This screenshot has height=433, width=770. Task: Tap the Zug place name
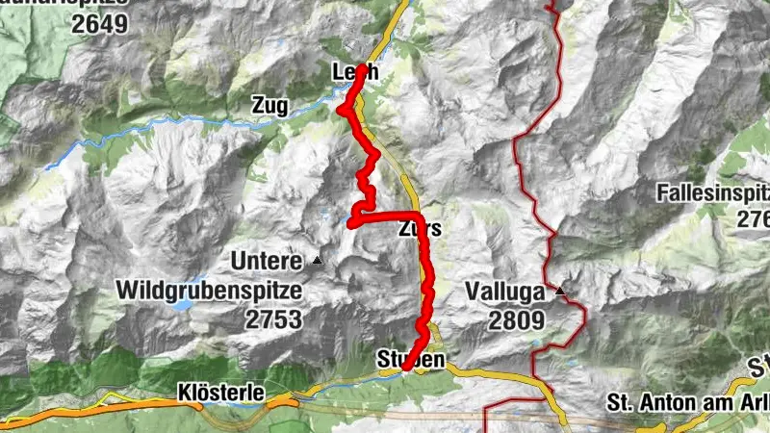tap(269, 107)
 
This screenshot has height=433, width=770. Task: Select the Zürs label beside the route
tap(420, 230)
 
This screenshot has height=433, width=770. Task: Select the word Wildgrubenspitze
tap(210, 289)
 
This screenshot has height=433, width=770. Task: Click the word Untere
tap(267, 260)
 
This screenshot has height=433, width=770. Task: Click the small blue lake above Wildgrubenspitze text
tap(189, 307)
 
